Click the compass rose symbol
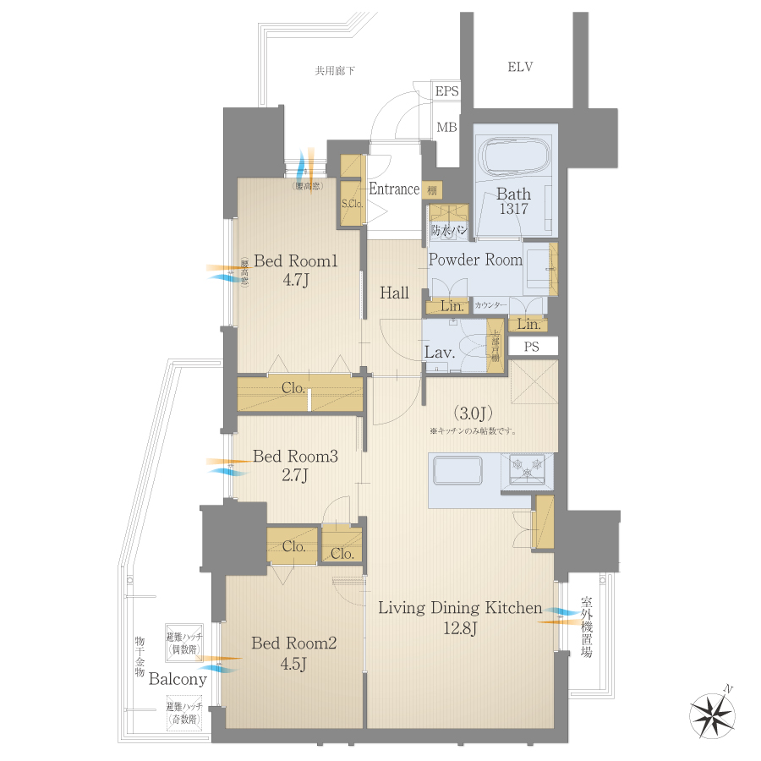tap(713, 713)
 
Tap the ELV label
tap(520, 67)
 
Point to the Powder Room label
tap(475, 260)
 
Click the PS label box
tap(531, 346)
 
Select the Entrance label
tap(394, 189)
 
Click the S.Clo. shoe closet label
tap(352, 204)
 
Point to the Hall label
tap(394, 293)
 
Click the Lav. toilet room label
tap(441, 353)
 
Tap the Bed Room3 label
tap(295, 457)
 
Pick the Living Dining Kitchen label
tap(460, 608)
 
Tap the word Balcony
tap(178, 679)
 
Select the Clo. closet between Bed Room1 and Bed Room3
tap(293, 389)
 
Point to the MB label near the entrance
tap(446, 128)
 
